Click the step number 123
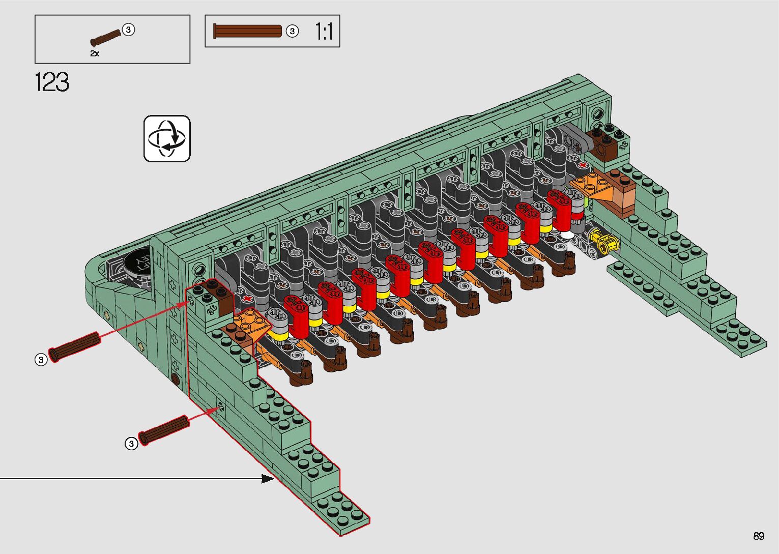[x=52, y=82]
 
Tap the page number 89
[x=759, y=536]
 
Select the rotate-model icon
[x=167, y=139]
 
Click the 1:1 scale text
[x=324, y=32]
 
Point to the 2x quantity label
[x=95, y=53]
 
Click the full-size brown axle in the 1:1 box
[x=247, y=31]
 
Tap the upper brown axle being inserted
[x=74, y=347]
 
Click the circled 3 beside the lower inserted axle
[x=131, y=444]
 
